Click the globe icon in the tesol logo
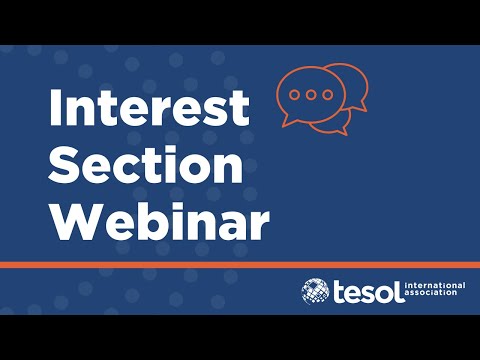coord(315,291)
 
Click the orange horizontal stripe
coord(240,264)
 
